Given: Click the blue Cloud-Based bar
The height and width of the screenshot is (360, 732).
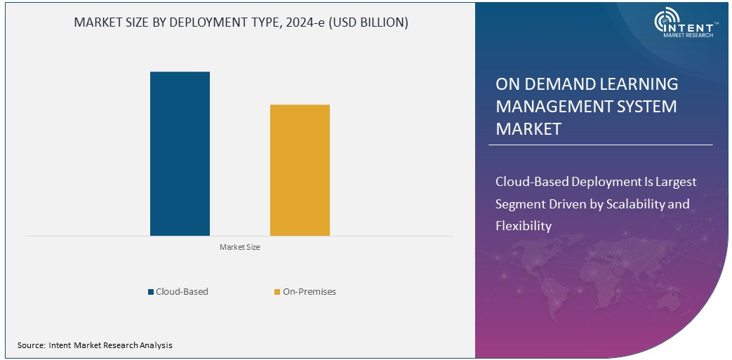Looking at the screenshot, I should point(180,154).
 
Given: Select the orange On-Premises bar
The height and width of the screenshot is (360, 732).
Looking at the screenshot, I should point(300,170).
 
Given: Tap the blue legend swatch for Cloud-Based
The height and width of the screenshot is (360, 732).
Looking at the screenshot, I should point(151,292).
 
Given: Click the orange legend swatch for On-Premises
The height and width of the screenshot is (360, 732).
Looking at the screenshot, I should point(277,292).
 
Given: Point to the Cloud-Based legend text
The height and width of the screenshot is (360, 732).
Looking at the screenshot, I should point(182,291).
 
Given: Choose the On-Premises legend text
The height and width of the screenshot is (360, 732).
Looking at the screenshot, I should point(310,291).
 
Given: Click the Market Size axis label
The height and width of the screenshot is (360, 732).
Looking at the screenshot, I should point(240,247).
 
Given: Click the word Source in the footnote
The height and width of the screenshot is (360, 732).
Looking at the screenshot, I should point(31,345).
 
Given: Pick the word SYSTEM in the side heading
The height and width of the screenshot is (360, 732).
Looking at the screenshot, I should point(643,107).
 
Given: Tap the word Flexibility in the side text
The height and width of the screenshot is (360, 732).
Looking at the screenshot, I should point(524,226).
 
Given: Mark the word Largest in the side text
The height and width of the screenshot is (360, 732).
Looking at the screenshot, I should point(675,182).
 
